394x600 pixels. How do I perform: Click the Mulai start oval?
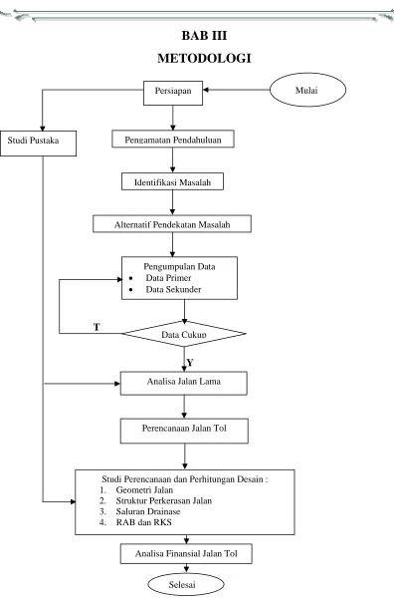pyautogui.click(x=307, y=90)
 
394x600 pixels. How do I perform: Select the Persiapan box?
pyautogui.click(x=173, y=93)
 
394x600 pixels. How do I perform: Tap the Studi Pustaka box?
pyautogui.click(x=38, y=144)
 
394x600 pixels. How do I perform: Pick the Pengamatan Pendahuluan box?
pyautogui.click(x=173, y=139)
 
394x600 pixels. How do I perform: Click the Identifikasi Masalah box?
pyautogui.click(x=172, y=181)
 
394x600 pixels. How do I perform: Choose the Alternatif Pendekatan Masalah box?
pyautogui.click(x=172, y=224)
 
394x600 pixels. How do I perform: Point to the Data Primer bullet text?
pyautogui.click(x=168, y=278)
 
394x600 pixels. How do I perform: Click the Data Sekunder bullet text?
pyautogui.click(x=173, y=290)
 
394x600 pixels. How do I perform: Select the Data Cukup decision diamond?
pyautogui.click(x=184, y=334)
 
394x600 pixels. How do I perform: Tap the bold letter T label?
pyautogui.click(x=97, y=327)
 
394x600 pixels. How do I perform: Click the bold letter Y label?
pyautogui.click(x=190, y=363)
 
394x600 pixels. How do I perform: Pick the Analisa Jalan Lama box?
pyautogui.click(x=184, y=383)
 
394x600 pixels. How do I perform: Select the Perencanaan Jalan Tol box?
pyautogui.click(x=184, y=431)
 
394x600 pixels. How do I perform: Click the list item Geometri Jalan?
pyautogui.click(x=144, y=490)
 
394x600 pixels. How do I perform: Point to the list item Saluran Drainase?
pyautogui.click(x=148, y=511)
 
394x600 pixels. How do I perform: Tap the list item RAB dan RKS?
pyautogui.click(x=143, y=522)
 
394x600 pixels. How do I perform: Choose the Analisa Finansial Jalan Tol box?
pyautogui.click(x=186, y=554)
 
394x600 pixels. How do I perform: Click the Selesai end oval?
pyautogui.click(x=186, y=585)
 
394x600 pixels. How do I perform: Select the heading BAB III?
pyautogui.click(x=204, y=36)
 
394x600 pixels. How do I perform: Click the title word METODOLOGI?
pyautogui.click(x=204, y=58)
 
